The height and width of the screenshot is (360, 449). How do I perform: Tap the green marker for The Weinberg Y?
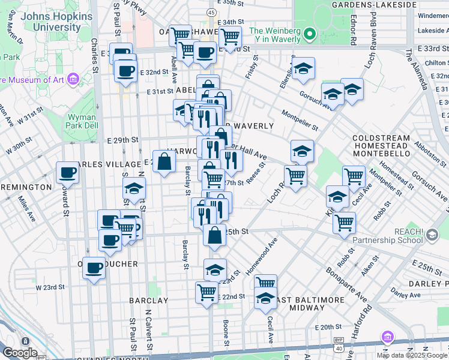click(310, 34)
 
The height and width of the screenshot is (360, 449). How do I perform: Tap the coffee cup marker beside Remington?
click(68, 173)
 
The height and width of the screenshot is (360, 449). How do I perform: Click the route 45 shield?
click(211, 12)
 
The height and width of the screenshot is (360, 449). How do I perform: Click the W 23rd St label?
click(50, 287)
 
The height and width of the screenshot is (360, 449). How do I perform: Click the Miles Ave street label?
click(26, 208)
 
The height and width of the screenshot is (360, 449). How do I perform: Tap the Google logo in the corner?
click(20, 353)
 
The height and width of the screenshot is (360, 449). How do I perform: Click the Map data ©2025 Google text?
click(412, 355)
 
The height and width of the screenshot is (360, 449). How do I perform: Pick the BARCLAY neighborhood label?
click(148, 299)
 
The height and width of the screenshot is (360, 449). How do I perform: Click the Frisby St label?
click(252, 67)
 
